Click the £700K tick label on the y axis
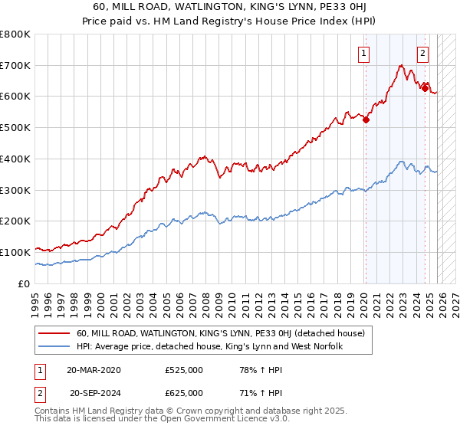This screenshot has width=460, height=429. pos(15,66)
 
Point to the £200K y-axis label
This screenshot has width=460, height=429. pos(15,221)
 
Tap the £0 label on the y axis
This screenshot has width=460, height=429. pos(25,283)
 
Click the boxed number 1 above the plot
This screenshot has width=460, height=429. pos(363,53)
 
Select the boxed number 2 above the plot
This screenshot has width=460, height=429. pos(422,53)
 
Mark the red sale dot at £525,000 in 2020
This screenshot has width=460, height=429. pos(366,120)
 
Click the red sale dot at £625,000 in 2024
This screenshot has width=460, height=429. pos(425,88)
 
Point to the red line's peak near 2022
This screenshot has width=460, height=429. pos(401,66)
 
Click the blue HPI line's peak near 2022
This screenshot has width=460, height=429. pos(402,162)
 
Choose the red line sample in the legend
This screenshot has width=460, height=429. pos(56,333)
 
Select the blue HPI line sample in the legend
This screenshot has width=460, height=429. pos(56,347)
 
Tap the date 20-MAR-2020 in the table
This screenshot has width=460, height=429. pos(94,370)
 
